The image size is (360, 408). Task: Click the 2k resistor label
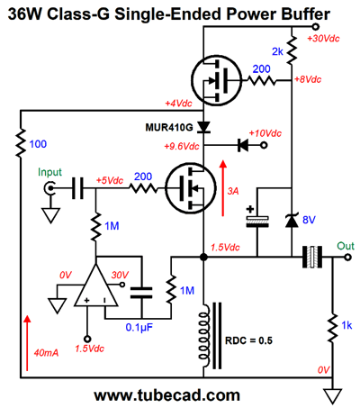[277, 51]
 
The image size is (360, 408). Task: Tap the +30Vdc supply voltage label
[323, 39]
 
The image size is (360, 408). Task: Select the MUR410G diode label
[169, 127]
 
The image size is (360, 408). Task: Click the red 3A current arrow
[222, 188]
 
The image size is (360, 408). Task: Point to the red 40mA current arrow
[27, 343]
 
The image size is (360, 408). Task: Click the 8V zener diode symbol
[292, 221]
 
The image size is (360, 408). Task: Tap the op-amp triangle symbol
[96, 286]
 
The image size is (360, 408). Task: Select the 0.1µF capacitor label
[139, 327]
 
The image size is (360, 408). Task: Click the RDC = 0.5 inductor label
[248, 340]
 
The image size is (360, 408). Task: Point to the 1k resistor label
[346, 325]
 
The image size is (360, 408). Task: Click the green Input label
[49, 172]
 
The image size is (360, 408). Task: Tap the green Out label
[346, 246]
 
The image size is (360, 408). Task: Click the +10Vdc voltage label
[265, 133]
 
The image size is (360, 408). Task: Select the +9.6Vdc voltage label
[182, 146]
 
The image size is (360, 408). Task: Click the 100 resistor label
[38, 144]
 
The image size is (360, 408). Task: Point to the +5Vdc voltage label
[110, 180]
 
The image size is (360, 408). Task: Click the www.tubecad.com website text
[167, 395]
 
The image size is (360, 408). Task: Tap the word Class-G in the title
[78, 14]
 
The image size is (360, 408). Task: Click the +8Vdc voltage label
[308, 79]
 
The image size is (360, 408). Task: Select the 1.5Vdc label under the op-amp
[89, 349]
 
